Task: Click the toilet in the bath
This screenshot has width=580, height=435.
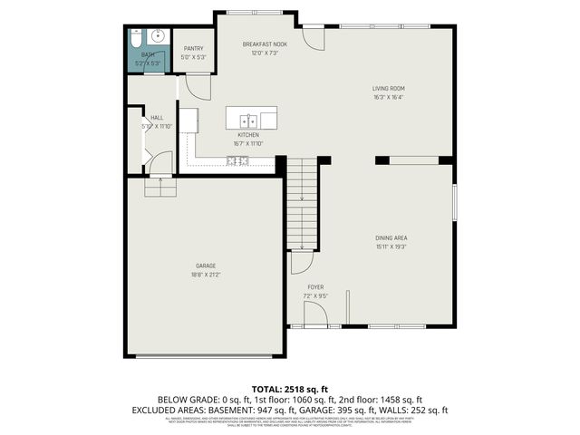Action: click(134, 39)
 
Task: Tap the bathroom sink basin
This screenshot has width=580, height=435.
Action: click(155, 38)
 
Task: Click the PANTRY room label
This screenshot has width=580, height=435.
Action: click(194, 49)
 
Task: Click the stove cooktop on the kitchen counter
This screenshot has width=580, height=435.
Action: click(238, 161)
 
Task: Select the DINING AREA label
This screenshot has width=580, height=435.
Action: click(391, 237)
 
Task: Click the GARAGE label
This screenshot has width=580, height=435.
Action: click(204, 266)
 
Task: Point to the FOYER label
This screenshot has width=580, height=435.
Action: click(315, 286)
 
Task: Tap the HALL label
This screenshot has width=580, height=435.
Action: click(157, 118)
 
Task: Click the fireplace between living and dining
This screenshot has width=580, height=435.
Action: click(413, 160)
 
